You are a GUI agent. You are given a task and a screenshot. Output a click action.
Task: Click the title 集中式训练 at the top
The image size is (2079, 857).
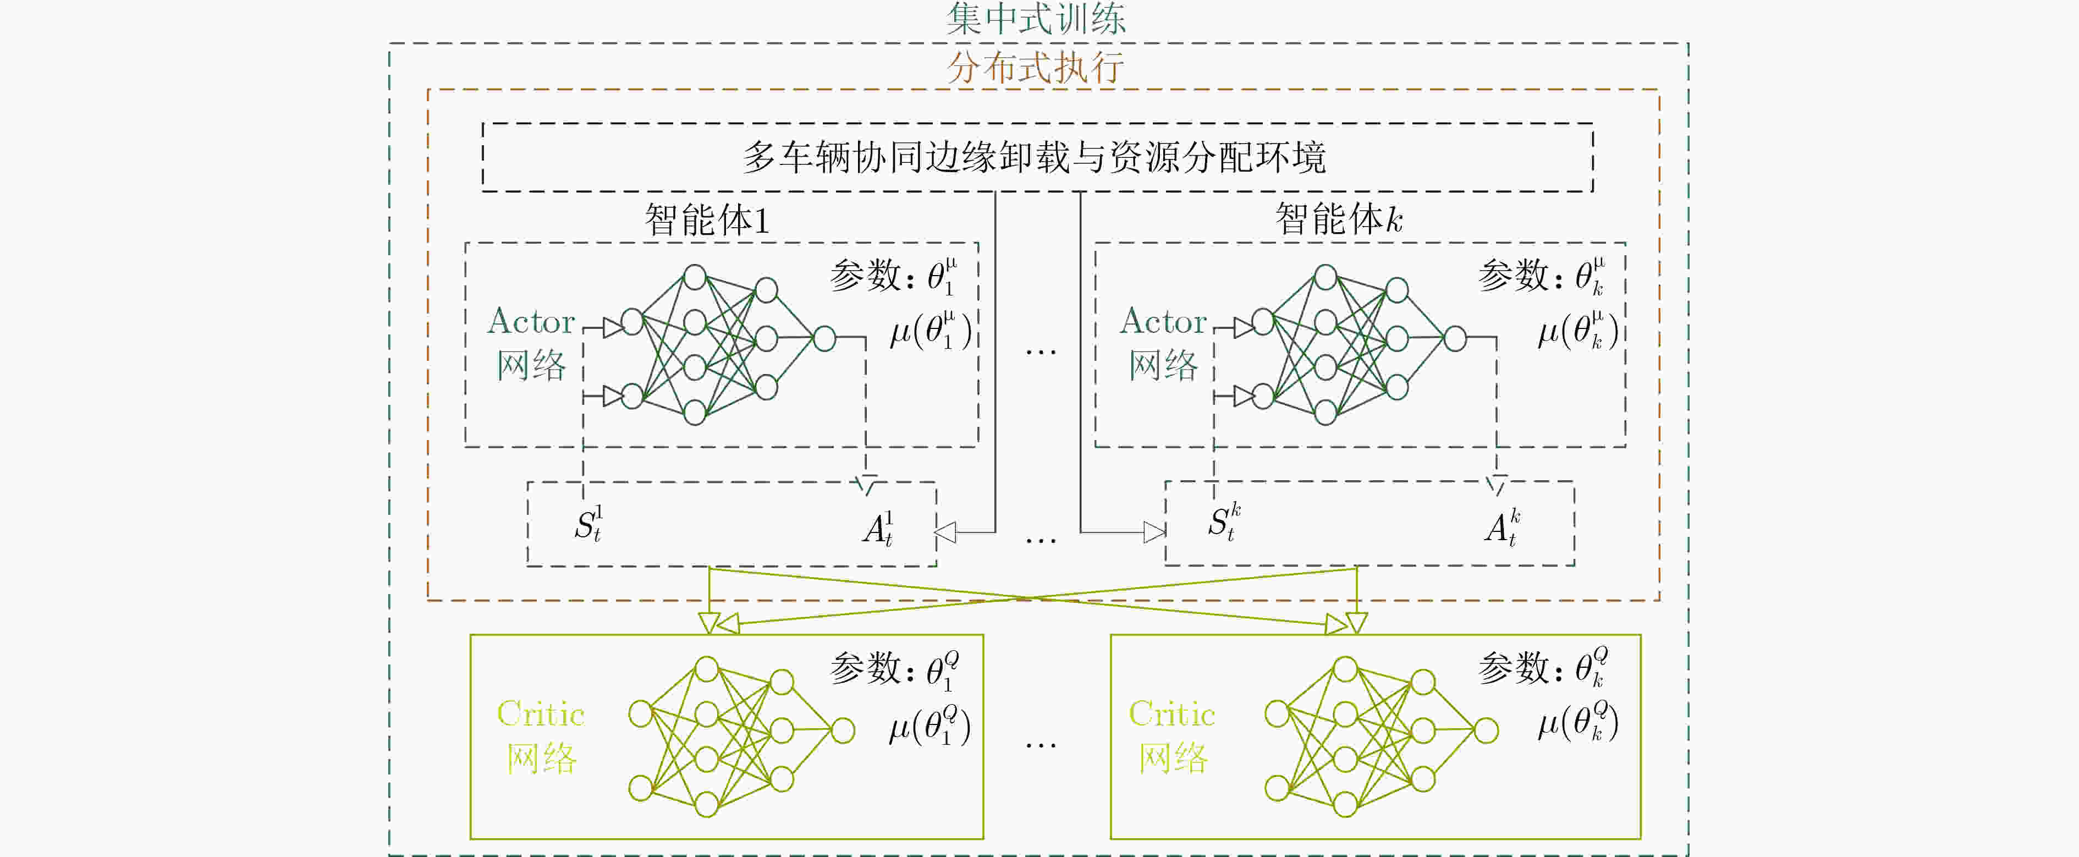[x=1036, y=19]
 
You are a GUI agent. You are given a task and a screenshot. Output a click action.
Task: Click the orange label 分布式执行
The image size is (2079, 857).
[x=1036, y=67]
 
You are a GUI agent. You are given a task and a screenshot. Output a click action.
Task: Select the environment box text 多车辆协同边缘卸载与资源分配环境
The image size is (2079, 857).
[x=1034, y=157]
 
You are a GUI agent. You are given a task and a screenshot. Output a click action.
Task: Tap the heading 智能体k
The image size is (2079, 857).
[x=1339, y=219]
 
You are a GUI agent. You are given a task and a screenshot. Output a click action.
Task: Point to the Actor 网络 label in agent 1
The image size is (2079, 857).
[x=531, y=343]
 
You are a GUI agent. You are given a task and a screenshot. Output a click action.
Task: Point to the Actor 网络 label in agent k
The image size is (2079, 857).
[x=1163, y=343]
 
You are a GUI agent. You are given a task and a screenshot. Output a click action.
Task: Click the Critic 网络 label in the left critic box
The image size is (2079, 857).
[x=541, y=735]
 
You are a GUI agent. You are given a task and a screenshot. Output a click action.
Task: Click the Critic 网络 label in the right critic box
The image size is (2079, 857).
[x=1172, y=735]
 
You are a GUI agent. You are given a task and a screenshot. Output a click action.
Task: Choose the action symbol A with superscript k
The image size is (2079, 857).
[x=1502, y=528]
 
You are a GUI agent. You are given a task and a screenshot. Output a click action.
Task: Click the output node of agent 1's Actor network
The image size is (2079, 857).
[x=824, y=338]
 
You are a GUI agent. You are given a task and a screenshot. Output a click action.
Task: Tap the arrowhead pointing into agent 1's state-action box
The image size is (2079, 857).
[x=945, y=532]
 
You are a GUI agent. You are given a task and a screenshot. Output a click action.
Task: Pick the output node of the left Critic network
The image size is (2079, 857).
[x=843, y=730]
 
